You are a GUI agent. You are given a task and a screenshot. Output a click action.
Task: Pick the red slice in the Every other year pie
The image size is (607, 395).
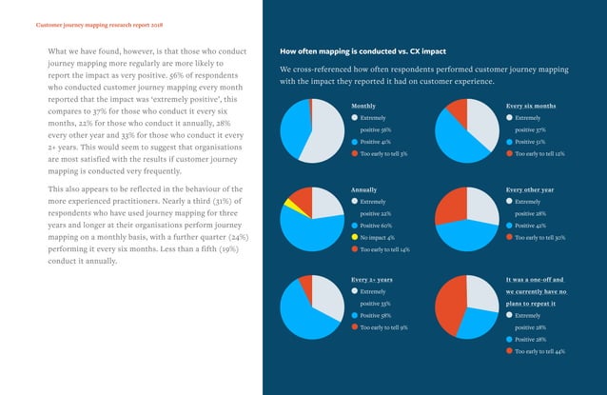(x=451, y=205)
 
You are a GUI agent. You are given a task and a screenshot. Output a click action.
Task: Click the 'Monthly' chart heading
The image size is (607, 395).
(x=363, y=106)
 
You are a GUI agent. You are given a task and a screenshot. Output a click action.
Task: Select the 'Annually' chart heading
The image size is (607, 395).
(x=365, y=190)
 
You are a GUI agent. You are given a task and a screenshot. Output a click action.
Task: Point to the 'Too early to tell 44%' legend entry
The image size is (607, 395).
(x=538, y=351)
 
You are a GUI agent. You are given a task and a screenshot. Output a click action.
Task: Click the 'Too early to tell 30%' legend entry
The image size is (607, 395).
(x=538, y=237)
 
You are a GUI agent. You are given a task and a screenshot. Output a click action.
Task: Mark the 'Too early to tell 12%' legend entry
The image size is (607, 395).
(x=538, y=153)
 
